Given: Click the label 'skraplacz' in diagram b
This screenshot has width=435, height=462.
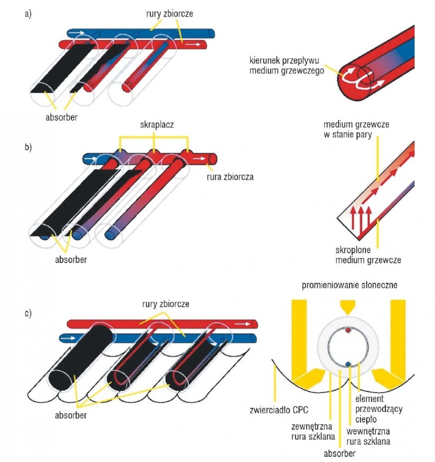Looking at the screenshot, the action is coord(157,125).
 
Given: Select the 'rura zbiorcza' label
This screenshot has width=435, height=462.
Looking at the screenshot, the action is coord(230,177).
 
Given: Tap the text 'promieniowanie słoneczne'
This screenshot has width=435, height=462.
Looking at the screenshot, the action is coord(349,285).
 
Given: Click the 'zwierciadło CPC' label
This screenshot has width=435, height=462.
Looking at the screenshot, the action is coord(279,410).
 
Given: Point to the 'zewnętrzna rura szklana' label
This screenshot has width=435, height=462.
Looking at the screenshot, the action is coord(313,431).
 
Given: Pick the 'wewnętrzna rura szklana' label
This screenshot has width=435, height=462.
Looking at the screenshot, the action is coord(368,436).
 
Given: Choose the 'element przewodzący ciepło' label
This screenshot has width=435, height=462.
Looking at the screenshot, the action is coord(378,409).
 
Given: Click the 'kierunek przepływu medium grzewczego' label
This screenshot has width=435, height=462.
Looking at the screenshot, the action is coord(287,65).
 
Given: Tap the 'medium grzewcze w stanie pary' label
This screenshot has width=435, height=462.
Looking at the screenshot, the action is coord(356,129).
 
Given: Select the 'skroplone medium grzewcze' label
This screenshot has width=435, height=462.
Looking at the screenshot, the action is coord(368,255).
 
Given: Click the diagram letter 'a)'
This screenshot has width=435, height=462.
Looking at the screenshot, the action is coord(28,14).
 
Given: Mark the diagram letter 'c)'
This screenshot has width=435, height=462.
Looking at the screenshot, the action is coord(28,313).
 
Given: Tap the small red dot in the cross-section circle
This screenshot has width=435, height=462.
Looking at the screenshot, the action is coord(348,330).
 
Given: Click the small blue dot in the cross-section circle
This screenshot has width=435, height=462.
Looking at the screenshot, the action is coord(348,365).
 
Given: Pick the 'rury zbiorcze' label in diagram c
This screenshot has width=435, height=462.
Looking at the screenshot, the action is coord(166,304).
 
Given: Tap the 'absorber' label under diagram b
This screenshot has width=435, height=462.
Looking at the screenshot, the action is coord(70,260).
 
